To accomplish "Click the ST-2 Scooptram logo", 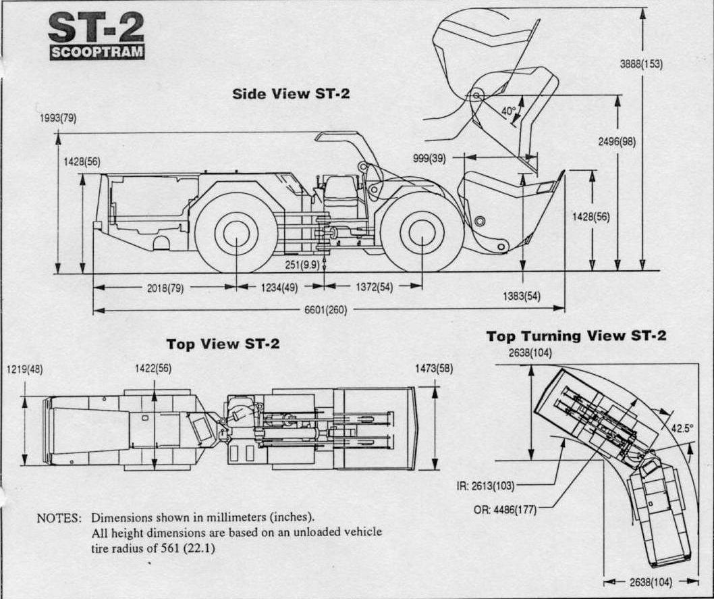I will [97, 36].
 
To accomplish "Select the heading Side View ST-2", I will [291, 93].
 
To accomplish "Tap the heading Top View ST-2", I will [223, 344].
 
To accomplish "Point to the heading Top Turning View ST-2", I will [576, 336].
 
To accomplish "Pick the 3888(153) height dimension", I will [640, 65].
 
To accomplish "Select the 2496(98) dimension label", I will [617, 142].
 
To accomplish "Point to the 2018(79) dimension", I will [165, 287].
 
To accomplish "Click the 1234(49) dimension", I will [279, 287].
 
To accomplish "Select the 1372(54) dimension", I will [374, 287].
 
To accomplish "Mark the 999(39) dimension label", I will [429, 158].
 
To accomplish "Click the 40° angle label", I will [509, 110].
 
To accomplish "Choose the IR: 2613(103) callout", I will [486, 485].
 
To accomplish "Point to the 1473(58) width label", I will [435, 369].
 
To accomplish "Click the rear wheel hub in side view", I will [236, 232].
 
